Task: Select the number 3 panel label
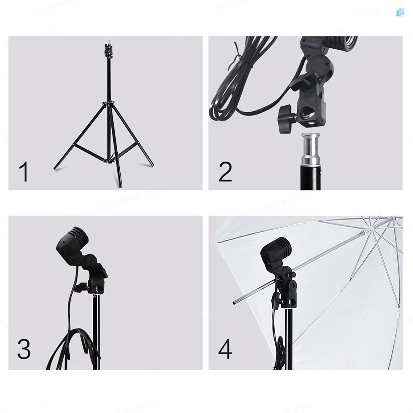point(24,349)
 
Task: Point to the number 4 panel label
point(225,349)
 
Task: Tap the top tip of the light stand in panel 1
point(108,41)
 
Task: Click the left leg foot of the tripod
point(55,168)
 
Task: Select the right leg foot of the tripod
point(152,165)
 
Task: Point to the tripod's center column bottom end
point(119,186)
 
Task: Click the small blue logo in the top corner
point(400,12)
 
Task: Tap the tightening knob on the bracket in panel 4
point(276,299)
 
